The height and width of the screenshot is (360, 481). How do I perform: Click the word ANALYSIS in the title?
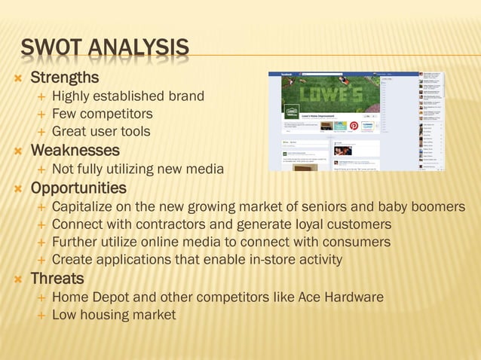point(138,50)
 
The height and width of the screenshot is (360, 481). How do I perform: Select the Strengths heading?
point(64,78)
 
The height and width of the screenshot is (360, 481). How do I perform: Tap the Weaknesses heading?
point(75,151)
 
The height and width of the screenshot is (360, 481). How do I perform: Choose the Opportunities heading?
point(78,188)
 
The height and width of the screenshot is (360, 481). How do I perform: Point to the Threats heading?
point(57,279)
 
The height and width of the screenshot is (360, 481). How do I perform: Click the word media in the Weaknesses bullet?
point(205,169)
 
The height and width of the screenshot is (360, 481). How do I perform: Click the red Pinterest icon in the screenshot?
point(354,126)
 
